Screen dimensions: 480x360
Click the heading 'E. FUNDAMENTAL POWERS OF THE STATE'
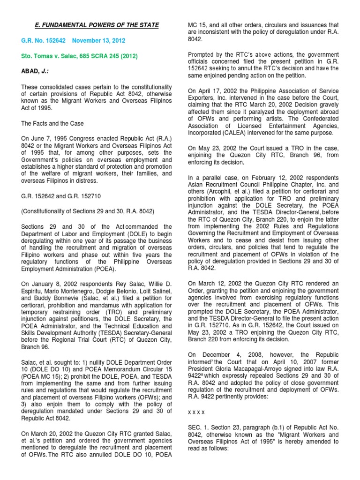tap(98, 25)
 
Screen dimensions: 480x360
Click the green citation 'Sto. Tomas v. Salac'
tap(51, 57)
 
